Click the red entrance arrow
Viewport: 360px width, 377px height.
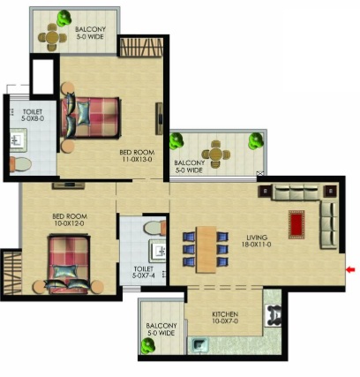point(350,269)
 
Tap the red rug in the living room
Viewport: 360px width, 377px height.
point(296,224)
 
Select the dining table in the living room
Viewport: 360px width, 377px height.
point(206,250)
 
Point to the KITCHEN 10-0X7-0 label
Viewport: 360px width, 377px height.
point(225,317)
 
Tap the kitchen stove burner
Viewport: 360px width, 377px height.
point(274,315)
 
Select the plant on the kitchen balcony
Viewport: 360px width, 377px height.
point(147,345)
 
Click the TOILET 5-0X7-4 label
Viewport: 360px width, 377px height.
point(143,272)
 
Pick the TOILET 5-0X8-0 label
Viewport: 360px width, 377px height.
point(33,115)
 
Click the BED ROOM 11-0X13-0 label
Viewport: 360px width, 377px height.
point(137,155)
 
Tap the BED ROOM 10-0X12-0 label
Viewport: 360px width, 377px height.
point(70,220)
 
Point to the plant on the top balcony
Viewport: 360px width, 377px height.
point(64,18)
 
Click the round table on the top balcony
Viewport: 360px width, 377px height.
point(52,37)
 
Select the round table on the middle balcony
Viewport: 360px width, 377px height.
point(215,155)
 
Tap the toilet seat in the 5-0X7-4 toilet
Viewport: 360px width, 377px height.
point(154,228)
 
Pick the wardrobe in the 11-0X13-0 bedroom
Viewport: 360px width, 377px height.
point(141,47)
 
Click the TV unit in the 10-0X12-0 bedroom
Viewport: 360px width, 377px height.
point(68,185)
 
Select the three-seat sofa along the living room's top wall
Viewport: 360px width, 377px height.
point(296,192)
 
